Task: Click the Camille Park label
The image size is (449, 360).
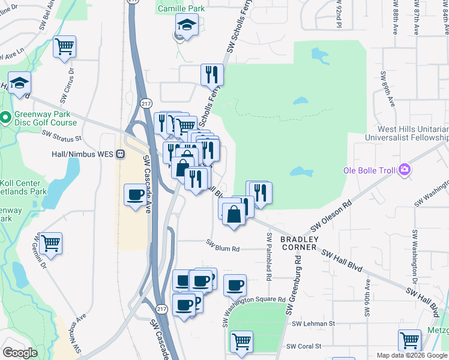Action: (181, 8)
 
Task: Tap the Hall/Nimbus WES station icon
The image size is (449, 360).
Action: (121, 154)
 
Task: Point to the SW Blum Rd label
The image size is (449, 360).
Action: (223, 245)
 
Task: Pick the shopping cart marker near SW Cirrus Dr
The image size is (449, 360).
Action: (65, 46)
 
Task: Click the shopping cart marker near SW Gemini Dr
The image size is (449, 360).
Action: (50, 243)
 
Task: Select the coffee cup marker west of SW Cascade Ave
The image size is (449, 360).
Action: (136, 195)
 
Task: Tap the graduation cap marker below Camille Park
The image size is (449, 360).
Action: (187, 25)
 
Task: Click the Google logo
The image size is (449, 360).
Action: (20, 353)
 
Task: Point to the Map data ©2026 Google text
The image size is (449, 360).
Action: (412, 355)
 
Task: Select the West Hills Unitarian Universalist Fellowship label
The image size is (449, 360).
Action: (412, 133)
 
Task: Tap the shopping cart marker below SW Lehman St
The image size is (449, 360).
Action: (241, 341)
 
